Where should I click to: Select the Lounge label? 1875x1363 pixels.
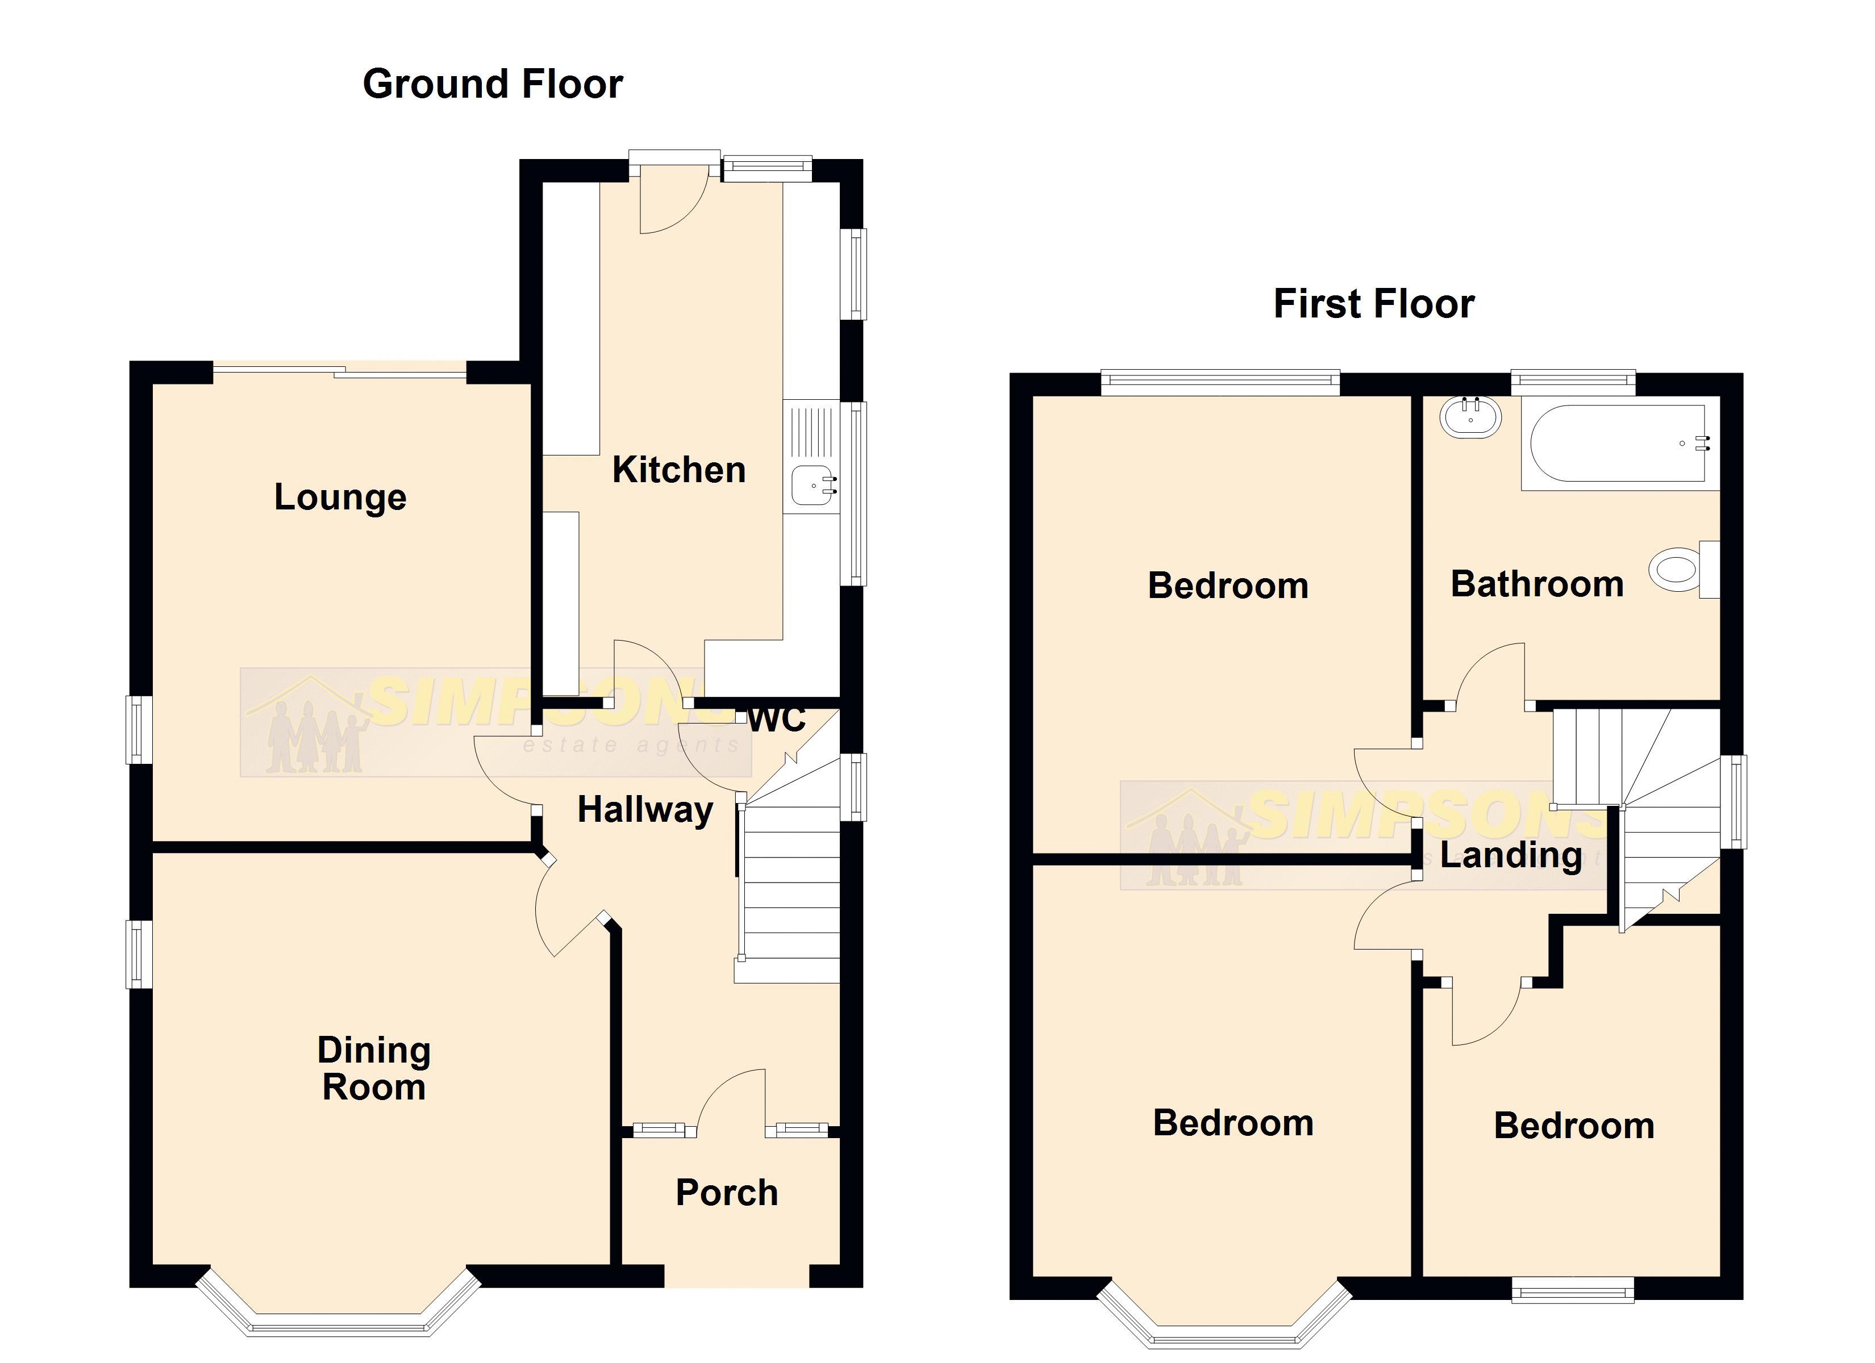(340, 497)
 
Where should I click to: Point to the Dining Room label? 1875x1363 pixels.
(374, 1068)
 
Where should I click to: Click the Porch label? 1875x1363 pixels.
(727, 1193)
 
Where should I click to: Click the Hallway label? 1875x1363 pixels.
(645, 809)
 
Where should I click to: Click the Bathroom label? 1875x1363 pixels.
(1537, 584)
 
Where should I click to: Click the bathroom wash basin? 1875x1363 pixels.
(1470, 417)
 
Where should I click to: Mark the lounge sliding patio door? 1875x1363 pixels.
(339, 373)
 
